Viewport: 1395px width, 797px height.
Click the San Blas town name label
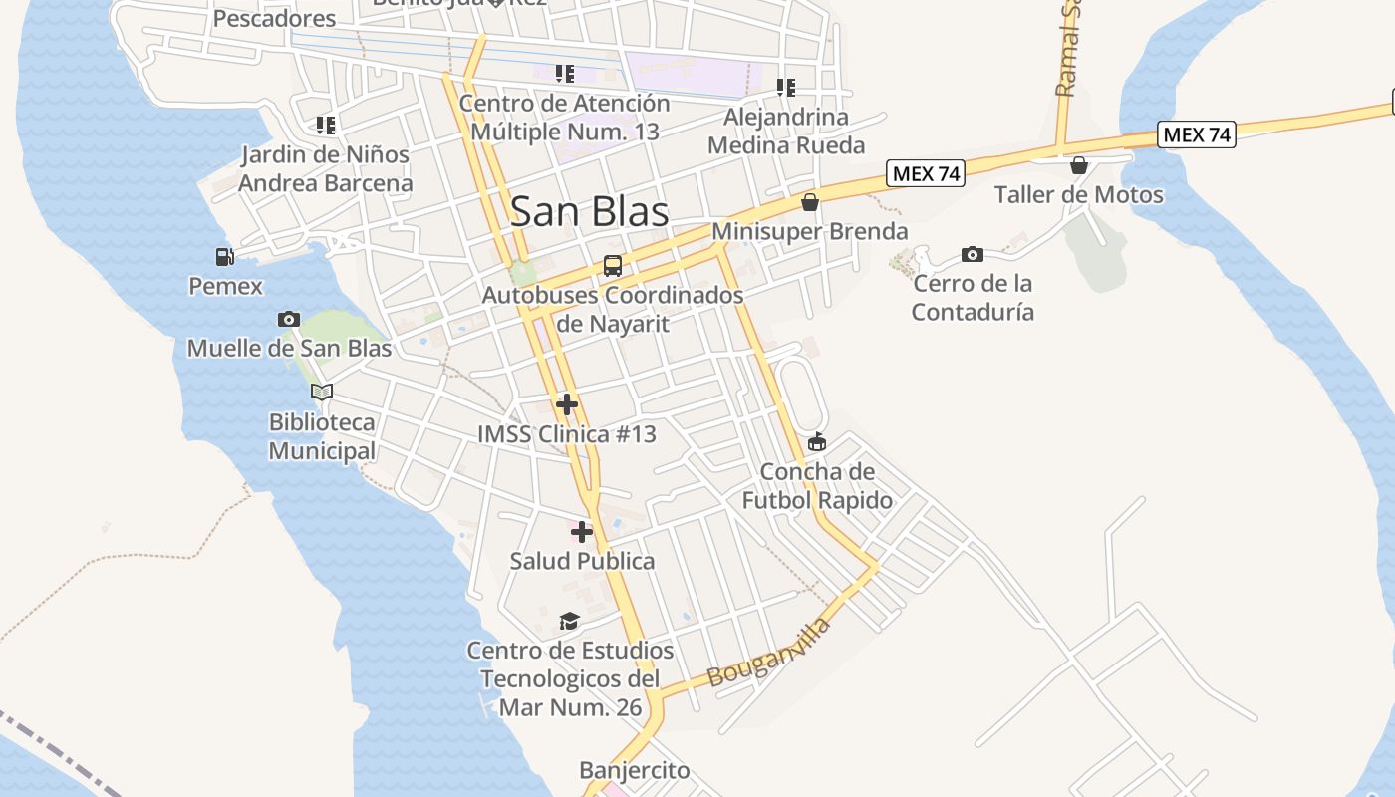[x=589, y=211]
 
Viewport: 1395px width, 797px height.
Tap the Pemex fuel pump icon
[x=225, y=257]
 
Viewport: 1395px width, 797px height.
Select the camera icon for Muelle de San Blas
[x=289, y=319]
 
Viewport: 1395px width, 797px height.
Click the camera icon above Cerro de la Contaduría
[x=973, y=254]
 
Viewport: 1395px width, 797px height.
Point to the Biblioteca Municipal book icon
[x=321, y=392]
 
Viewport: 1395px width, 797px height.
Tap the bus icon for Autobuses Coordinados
[x=612, y=266]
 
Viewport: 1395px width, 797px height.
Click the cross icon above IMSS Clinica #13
[x=567, y=403]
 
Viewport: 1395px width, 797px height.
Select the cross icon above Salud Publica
[x=582, y=531]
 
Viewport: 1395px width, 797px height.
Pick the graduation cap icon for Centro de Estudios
[x=569, y=622]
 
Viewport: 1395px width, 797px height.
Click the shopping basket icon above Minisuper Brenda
[x=810, y=202]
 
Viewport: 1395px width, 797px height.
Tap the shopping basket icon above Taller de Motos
[x=1078, y=164]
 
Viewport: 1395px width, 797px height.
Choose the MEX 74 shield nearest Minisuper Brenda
[x=926, y=173]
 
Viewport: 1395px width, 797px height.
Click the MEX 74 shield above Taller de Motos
[x=1196, y=134]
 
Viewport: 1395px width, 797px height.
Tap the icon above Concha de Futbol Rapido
[x=817, y=441]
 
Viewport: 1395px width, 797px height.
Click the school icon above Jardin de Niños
[x=325, y=126]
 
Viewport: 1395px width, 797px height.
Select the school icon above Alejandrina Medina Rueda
[x=785, y=88]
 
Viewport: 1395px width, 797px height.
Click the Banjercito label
[x=634, y=770]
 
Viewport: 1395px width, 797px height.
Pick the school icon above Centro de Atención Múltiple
[x=565, y=74]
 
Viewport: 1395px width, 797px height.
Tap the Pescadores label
[x=275, y=18]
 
